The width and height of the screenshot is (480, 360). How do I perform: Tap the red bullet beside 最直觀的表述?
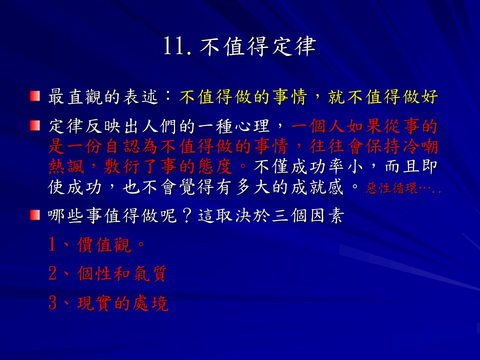click(35, 96)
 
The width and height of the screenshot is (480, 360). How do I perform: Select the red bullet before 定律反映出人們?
click(35, 125)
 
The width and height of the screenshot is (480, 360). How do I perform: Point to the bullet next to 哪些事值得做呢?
click(35, 215)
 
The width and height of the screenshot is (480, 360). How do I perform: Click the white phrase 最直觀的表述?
click(103, 96)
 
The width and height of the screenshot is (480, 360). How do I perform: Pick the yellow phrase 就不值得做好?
click(382, 96)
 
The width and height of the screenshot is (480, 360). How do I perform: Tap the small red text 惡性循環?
click(391, 188)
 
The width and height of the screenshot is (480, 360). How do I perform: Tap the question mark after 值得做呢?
click(186, 215)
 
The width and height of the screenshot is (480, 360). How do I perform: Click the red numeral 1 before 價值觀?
click(52, 244)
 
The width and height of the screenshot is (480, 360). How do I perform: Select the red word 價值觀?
click(104, 245)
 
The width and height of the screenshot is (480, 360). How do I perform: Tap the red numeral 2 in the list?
click(52, 273)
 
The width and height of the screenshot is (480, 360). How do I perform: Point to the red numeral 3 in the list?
click(52, 303)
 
